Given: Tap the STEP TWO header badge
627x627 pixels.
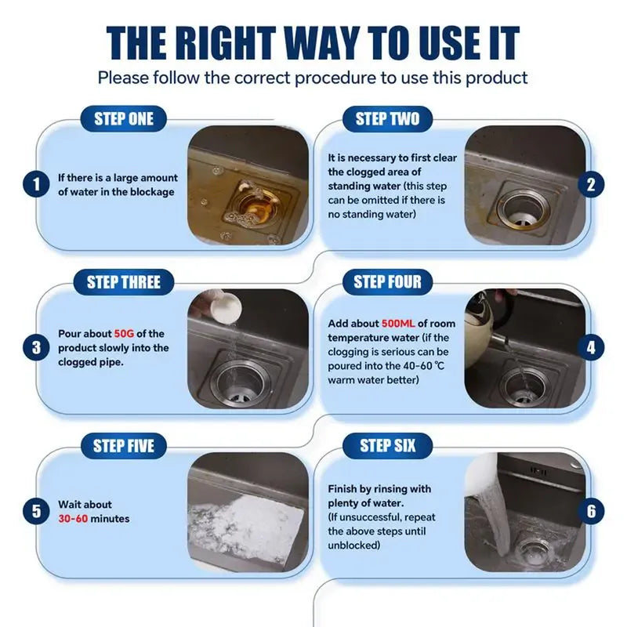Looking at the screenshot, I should pos(387,119).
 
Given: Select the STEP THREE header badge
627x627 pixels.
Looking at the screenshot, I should pos(124,282).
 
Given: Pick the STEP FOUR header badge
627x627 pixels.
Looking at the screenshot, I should pos(387,282).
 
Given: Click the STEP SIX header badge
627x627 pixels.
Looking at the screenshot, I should pos(387,447).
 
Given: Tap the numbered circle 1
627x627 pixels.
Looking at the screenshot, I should pos(36,186).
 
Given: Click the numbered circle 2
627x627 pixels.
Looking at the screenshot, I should pos(591,185).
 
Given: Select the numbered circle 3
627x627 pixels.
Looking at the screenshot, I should pos(36,347).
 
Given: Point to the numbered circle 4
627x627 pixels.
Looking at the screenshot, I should pos(591,347).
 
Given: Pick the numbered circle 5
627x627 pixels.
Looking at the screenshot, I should pos(36,512).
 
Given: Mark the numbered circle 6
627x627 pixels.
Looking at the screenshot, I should pos(591,511).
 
